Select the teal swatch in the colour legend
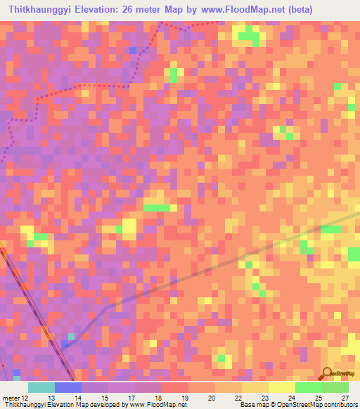coord(41,387)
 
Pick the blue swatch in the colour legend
coord(68,387)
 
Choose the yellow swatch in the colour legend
coord(282,387)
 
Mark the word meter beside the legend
coord(11,398)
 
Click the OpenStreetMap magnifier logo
coord(328,373)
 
